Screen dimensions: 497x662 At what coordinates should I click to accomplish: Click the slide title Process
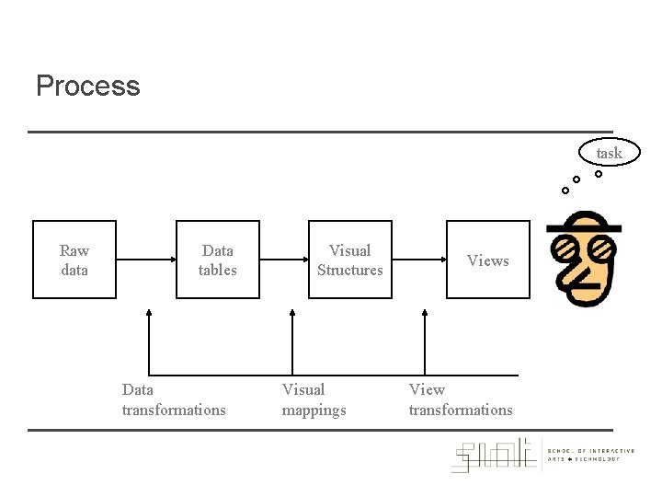click(x=88, y=87)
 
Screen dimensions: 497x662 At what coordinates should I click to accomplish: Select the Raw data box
click(x=74, y=260)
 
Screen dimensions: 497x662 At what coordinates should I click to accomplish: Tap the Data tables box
click(x=217, y=260)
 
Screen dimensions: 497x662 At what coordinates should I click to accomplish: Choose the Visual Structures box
click(x=349, y=260)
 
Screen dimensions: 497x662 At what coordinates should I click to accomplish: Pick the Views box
click(x=488, y=260)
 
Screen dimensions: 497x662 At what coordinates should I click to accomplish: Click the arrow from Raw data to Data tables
click(x=145, y=260)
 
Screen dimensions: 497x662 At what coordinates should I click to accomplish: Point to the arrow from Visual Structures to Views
click(x=418, y=260)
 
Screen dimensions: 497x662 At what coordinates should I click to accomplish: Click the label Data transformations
click(x=173, y=399)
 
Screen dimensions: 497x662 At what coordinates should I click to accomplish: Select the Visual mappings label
click(x=314, y=399)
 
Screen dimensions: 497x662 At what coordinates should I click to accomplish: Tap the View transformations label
click(x=460, y=399)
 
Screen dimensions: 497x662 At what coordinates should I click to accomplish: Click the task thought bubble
click(x=609, y=153)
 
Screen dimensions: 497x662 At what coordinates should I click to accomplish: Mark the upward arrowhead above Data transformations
click(x=148, y=314)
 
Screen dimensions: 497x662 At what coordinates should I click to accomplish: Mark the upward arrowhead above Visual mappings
click(x=292, y=314)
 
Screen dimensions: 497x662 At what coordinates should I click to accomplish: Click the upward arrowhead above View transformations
click(x=425, y=314)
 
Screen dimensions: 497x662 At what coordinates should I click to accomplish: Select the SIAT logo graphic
click(x=494, y=455)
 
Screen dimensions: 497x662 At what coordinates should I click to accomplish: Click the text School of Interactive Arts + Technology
click(x=590, y=455)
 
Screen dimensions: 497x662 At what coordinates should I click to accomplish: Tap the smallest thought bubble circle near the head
click(x=565, y=191)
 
